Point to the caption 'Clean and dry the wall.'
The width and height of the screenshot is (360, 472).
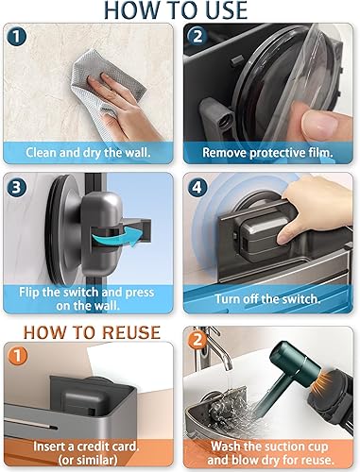(90, 151)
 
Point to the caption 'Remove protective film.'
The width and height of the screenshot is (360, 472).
(269, 151)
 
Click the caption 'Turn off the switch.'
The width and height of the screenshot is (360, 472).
(269, 299)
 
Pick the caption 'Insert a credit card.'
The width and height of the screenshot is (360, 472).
(90, 447)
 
